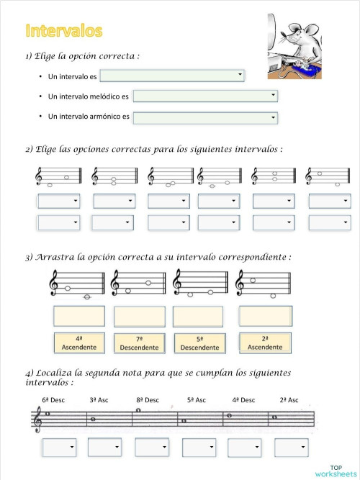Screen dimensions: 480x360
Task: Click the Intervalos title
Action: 64,30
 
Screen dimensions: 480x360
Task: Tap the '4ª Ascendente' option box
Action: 79,343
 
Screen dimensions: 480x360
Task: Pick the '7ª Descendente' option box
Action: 139,343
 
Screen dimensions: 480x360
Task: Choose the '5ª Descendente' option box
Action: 199,343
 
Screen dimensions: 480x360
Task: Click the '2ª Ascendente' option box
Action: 264,343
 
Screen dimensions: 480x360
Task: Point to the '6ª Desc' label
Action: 53,399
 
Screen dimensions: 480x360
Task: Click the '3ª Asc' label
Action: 99,399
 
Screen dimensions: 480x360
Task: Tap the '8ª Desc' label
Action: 146,399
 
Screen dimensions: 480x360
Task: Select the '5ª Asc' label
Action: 196,399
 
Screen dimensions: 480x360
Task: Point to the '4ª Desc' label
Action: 243,399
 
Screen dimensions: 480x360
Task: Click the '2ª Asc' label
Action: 289,399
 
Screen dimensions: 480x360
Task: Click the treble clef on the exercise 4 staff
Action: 37,419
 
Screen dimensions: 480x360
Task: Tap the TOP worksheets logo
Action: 335,471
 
